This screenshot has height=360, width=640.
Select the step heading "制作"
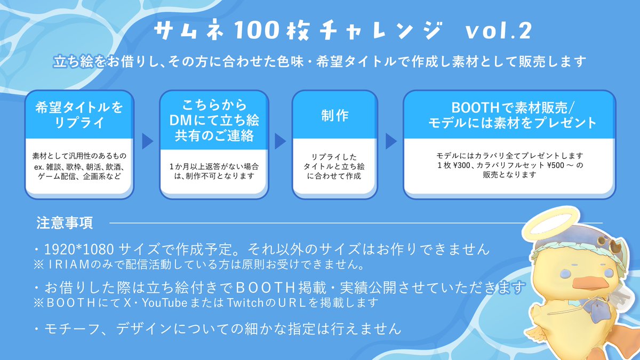(335, 116)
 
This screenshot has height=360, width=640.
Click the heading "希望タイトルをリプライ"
(79, 115)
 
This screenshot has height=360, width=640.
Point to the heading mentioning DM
(213, 120)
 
